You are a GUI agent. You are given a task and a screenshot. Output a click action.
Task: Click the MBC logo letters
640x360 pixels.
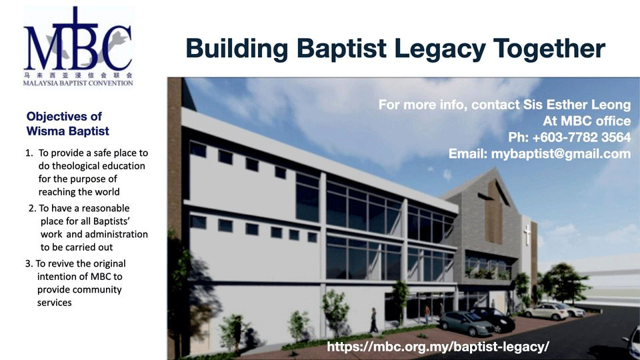click(x=77, y=39)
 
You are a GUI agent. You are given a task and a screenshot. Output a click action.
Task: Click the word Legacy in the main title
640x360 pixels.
click(x=440, y=49)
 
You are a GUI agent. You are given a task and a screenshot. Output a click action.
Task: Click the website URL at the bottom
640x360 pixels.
click(x=438, y=347)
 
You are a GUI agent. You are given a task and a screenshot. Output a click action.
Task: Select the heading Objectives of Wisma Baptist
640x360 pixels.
click(x=68, y=124)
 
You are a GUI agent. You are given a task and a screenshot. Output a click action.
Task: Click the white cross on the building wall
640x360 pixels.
click(x=527, y=234)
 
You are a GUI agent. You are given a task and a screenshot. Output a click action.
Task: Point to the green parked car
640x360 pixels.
click(x=466, y=323)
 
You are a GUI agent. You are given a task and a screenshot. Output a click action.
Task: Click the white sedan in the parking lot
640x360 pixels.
click(x=546, y=311)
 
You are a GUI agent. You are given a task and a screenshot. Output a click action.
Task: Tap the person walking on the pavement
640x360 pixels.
click(x=373, y=321)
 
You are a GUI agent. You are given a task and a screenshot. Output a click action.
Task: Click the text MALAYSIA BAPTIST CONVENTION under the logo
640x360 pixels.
click(x=78, y=83)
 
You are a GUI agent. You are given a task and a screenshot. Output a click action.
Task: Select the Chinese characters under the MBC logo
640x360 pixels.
click(x=78, y=75)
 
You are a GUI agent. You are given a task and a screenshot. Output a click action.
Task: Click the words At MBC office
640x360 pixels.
click(x=587, y=121)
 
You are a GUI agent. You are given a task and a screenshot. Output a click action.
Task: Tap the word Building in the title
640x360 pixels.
click(x=237, y=49)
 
